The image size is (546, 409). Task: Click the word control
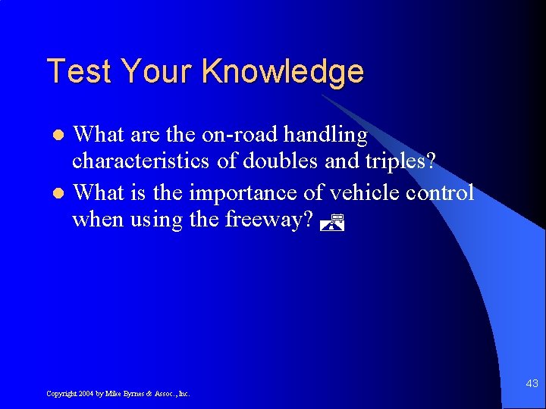(440, 192)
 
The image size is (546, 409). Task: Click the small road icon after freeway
(332, 222)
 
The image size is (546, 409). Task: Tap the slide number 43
(532, 384)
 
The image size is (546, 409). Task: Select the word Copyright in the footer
(60, 393)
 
